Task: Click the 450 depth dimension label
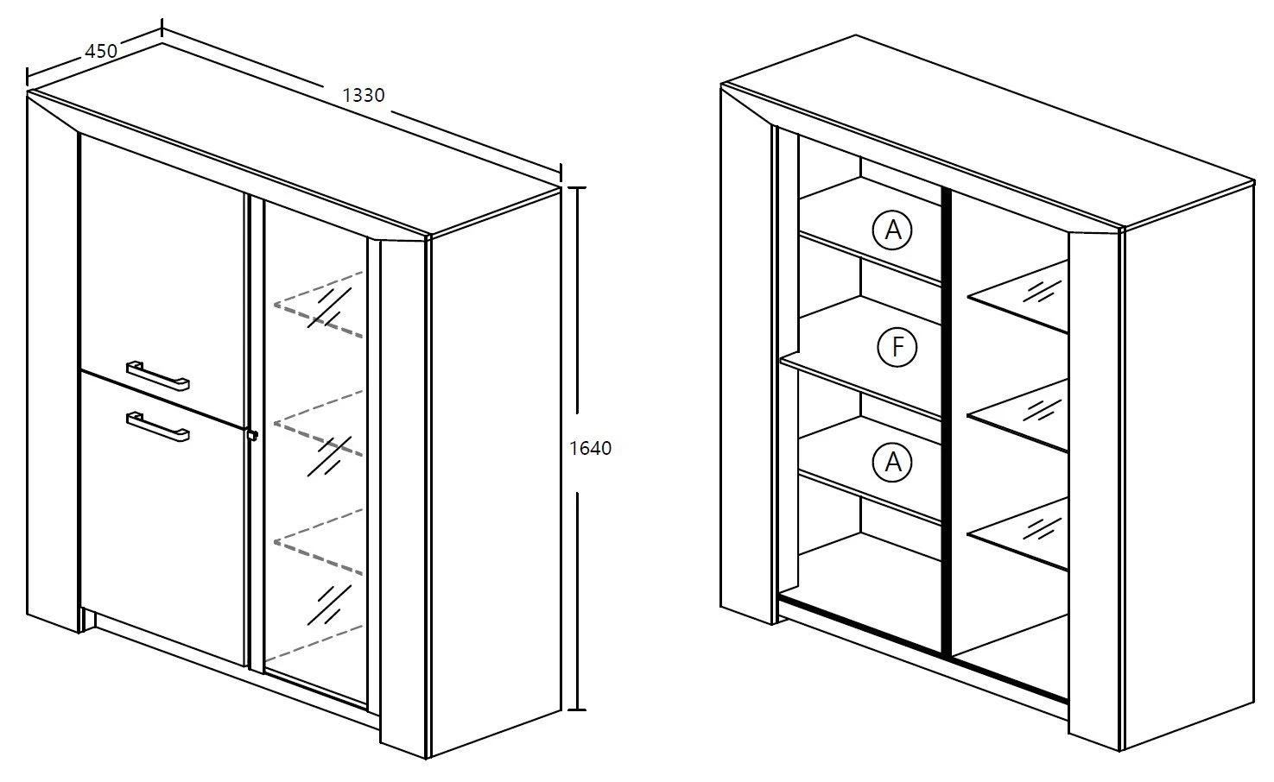tap(101, 51)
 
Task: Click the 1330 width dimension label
tap(364, 95)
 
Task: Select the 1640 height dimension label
tap(591, 449)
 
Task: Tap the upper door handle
tap(157, 375)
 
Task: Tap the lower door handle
tap(157, 426)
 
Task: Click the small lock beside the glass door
tap(252, 435)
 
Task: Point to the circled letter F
tap(897, 347)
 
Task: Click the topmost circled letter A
tap(891, 230)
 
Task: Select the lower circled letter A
tap(891, 463)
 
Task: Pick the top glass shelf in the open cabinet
tap(1018, 296)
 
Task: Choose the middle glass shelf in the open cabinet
tap(1018, 415)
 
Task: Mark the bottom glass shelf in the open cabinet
tap(1018, 534)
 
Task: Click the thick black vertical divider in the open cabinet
tap(947, 421)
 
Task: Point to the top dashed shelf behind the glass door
tap(319, 305)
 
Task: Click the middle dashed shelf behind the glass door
tap(319, 424)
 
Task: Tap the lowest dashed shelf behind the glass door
tap(319, 542)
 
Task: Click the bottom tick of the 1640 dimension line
tap(577, 709)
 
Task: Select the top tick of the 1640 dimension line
tap(577, 187)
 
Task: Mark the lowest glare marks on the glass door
tap(329, 605)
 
